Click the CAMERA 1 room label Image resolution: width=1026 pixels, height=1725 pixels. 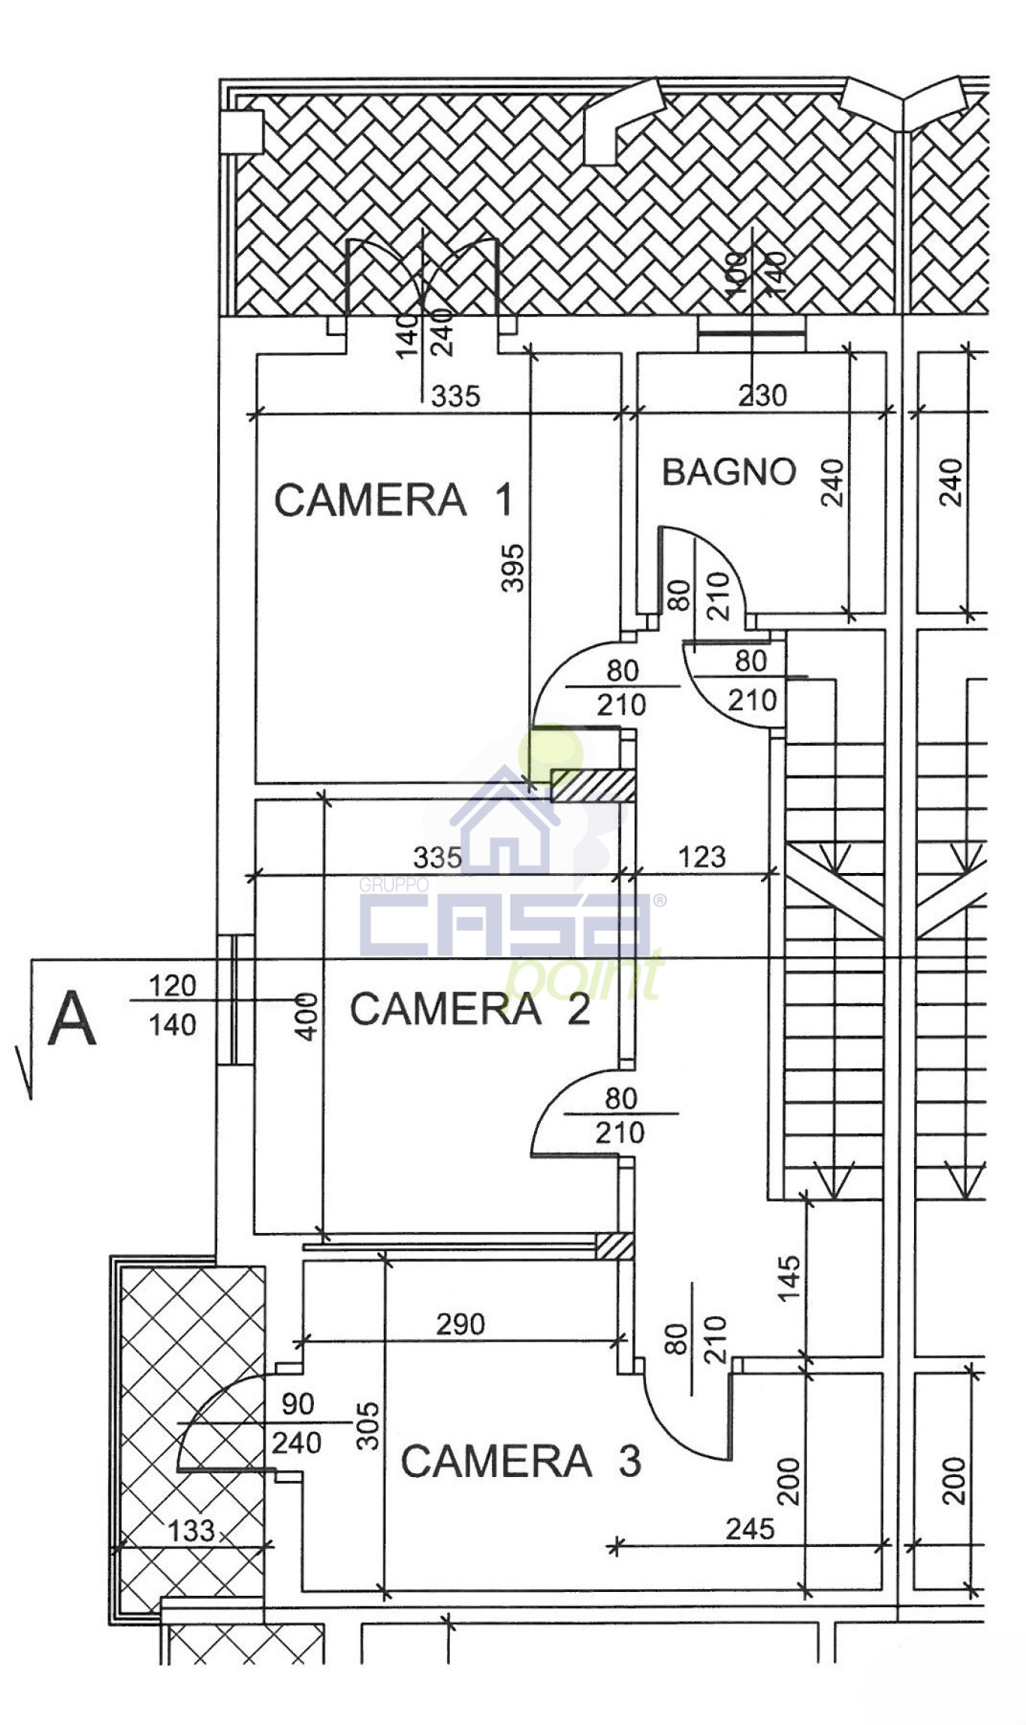394,500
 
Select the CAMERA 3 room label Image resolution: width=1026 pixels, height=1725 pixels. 521,1461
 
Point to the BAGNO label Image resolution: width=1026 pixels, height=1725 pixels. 729,472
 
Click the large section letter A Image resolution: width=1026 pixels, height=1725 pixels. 72,1018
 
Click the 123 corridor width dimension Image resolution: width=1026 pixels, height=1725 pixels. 702,856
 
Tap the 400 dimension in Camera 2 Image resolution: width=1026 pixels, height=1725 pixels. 306,1017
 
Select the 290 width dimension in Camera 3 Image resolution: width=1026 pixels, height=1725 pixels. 460,1324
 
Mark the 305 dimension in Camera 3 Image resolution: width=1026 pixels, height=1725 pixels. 367,1425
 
